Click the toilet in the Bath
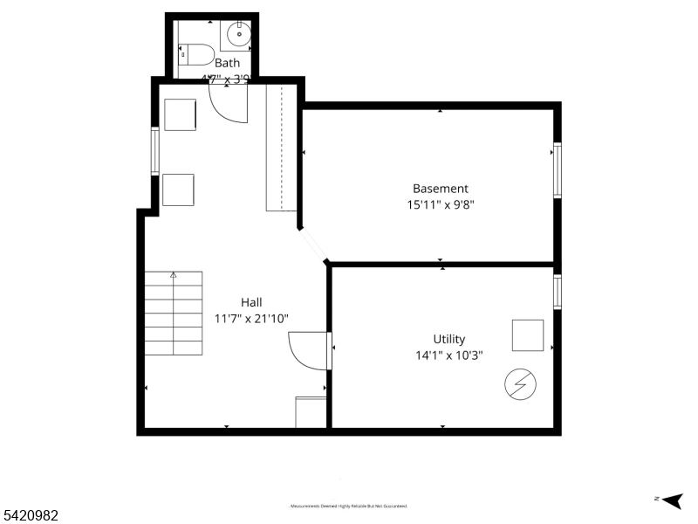[197, 54]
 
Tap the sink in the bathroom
[238, 36]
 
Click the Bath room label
[227, 63]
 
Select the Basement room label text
[441, 189]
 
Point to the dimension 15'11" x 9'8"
[441, 205]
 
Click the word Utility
[449, 339]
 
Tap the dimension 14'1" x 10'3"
[449, 355]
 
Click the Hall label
[251, 302]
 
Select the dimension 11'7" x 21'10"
[251, 319]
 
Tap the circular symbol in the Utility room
[521, 383]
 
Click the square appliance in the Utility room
[528, 335]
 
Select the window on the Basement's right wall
[557, 170]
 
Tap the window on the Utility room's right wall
[557, 292]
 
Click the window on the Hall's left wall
[155, 151]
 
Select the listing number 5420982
[31, 516]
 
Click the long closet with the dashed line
[282, 148]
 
